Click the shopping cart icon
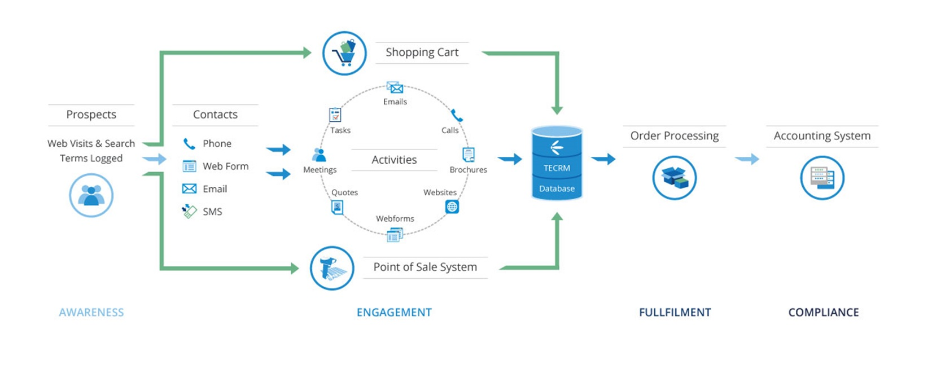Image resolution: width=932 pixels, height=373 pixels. point(344,54)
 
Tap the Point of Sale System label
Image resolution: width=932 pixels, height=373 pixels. point(425,267)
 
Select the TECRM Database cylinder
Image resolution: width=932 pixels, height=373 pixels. point(557,163)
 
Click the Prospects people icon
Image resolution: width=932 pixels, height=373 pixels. point(91,195)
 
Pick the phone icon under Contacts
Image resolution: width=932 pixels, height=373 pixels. point(189,144)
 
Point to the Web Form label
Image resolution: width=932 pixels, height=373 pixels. point(225,166)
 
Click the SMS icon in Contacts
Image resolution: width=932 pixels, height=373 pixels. point(189,212)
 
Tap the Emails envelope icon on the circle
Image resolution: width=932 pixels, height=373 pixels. point(395,88)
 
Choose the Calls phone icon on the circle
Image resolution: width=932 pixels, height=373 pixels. point(457,116)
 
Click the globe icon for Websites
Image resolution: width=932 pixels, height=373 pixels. point(452,207)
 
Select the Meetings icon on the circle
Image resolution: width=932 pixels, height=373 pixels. point(319,155)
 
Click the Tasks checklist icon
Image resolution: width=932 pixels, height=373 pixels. point(335,115)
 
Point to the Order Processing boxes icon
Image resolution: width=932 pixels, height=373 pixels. point(675,178)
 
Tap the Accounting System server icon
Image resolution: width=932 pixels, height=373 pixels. point(822,178)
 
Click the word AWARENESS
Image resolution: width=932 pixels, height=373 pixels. point(91,313)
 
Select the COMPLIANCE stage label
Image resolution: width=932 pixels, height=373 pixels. point(823,313)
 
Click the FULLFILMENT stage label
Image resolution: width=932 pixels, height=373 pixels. point(675,313)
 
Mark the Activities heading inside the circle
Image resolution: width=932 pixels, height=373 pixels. point(394,160)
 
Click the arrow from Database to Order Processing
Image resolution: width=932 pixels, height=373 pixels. point(603,159)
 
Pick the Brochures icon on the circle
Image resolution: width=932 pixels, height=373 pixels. point(469,154)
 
